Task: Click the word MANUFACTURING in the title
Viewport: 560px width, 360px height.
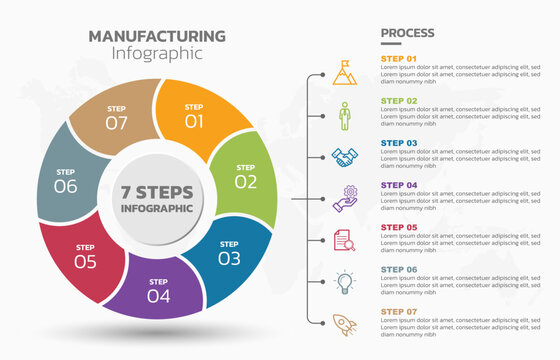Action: pyautogui.click(x=157, y=36)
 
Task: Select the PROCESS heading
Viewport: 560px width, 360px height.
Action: pyautogui.click(x=407, y=34)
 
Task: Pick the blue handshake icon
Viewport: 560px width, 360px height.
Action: pyautogui.click(x=344, y=157)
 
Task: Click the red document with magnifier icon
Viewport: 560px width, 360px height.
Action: pyautogui.click(x=344, y=240)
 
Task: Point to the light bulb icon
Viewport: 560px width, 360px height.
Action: pyautogui.click(x=344, y=282)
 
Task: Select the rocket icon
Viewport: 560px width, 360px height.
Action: pyautogui.click(x=344, y=324)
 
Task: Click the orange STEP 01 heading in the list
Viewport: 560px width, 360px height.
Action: pyautogui.click(x=399, y=58)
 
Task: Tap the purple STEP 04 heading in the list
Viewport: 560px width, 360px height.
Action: pyautogui.click(x=399, y=184)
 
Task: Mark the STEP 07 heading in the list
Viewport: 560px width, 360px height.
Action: pyautogui.click(x=399, y=310)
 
